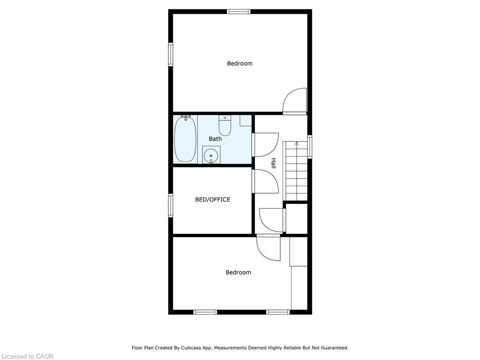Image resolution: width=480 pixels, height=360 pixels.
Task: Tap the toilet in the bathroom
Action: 225,126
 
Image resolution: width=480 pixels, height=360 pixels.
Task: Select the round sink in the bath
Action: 211,155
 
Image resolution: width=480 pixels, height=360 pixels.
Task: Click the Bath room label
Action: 215,139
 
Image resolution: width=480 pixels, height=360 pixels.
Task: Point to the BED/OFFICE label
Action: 213,200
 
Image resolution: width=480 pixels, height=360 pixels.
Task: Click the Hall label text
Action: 273,163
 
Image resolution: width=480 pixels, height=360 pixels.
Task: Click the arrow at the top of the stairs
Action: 296,143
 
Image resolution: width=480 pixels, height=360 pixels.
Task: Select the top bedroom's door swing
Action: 294,101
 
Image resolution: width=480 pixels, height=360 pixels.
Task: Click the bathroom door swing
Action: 266,145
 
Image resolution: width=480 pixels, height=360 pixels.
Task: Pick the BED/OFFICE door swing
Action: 266,181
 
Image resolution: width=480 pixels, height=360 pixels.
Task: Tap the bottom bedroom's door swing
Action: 269,247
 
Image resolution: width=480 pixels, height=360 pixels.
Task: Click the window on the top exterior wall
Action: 239,12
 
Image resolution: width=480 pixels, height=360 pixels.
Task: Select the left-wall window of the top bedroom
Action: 171,54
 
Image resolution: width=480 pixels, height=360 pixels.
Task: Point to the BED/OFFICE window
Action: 171,205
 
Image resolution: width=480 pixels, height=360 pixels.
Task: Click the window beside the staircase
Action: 309,147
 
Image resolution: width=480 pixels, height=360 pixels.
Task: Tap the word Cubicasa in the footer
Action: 191,348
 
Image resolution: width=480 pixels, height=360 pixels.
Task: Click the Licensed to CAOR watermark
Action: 28,356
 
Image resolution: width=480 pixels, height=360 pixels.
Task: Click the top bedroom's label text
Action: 240,64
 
